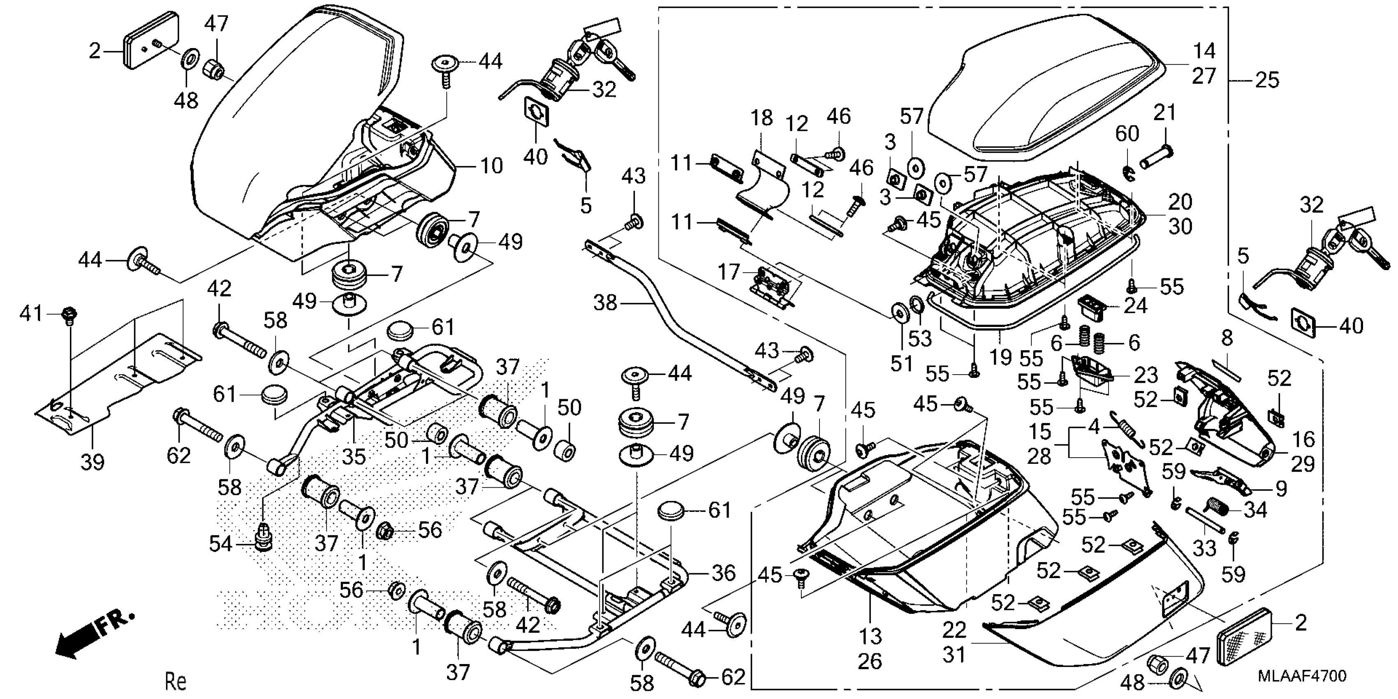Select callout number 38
tap(605, 302)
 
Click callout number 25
tap(1267, 80)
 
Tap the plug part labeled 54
tap(264, 538)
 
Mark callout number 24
tap(1135, 306)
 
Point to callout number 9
tap(1281, 489)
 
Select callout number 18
tap(761, 118)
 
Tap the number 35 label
tap(354, 456)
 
